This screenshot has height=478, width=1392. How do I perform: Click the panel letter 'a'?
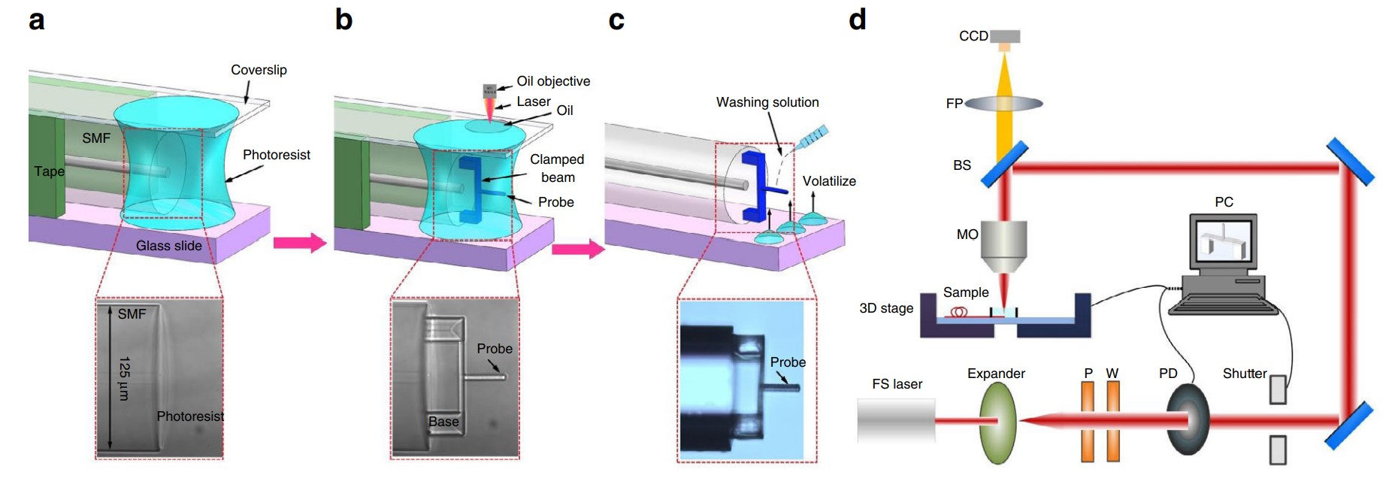[36, 20]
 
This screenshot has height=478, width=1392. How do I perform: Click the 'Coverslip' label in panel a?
[259, 70]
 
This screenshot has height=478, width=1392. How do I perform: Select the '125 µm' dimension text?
[125, 378]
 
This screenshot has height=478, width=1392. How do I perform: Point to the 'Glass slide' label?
[168, 246]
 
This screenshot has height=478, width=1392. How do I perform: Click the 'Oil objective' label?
[553, 81]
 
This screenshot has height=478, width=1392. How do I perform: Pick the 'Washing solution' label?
[767, 102]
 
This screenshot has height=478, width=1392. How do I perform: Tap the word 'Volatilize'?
[829, 181]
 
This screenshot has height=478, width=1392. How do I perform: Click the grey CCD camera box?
[1005, 36]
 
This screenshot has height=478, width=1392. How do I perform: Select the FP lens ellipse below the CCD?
[1004, 103]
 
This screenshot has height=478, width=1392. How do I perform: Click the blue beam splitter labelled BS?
[1004, 165]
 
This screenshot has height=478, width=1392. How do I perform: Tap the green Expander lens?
[998, 422]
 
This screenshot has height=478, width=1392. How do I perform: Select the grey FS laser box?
[896, 420]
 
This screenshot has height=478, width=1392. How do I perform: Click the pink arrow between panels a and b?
[299, 243]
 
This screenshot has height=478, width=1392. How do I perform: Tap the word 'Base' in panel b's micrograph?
[443, 422]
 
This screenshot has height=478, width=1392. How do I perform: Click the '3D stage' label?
[886, 308]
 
